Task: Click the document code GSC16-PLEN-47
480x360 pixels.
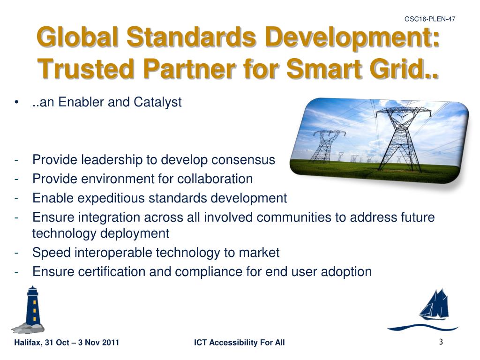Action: [x=430, y=19]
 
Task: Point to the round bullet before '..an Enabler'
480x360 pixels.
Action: [x=16, y=102]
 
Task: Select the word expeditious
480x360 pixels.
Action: [x=111, y=198]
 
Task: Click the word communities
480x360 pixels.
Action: [x=293, y=217]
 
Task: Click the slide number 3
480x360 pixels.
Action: [x=441, y=342]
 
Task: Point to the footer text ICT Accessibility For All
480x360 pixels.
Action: [x=240, y=342]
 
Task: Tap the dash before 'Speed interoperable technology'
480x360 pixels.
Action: [x=16, y=253]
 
